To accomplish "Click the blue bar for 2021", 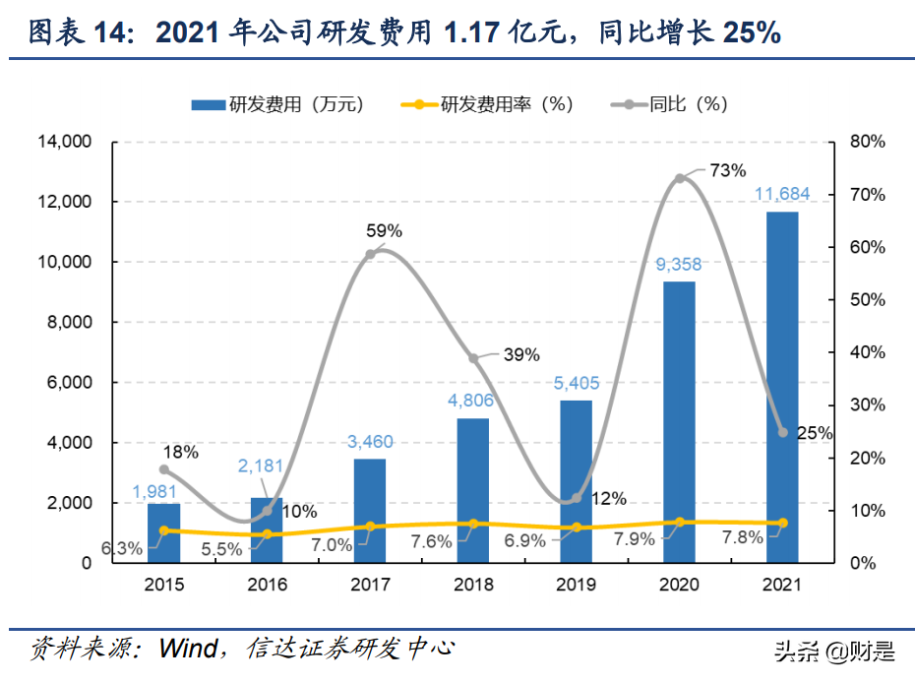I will [782, 387].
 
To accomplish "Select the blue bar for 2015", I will [163, 532].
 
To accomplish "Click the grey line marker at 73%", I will [679, 179].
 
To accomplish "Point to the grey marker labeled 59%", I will [370, 254].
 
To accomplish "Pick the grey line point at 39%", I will [473, 358].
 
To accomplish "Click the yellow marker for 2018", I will [473, 524].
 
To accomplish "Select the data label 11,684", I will [782, 194].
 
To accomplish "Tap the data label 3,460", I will [370, 441].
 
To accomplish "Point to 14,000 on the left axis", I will [64, 142].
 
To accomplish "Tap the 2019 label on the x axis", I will [576, 585].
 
